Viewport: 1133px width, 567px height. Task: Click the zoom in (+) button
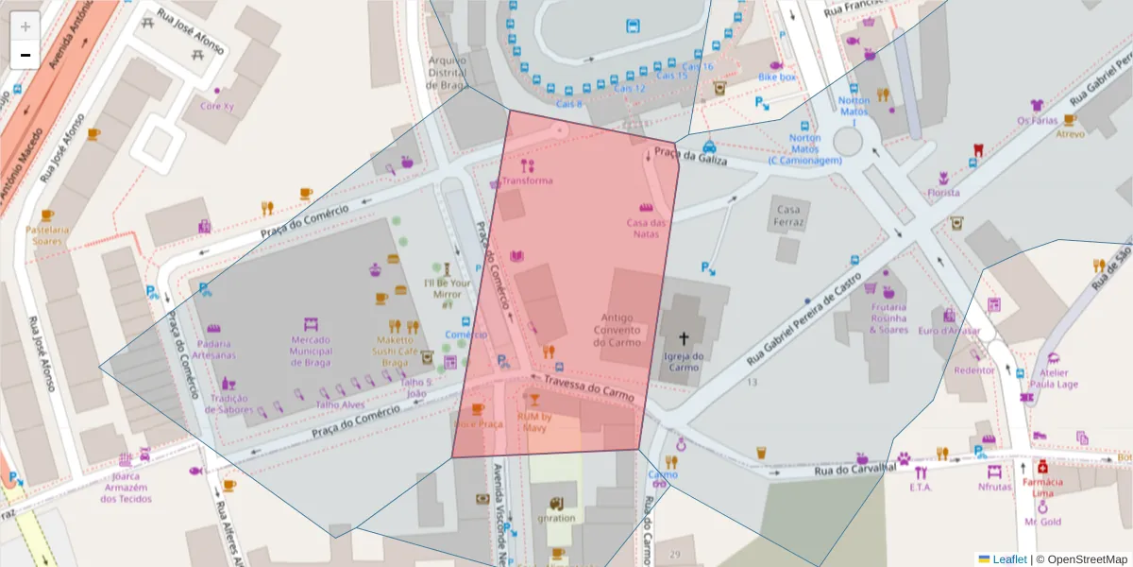(25, 26)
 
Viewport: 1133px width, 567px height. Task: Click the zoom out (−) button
(25, 55)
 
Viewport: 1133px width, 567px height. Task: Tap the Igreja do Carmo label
(685, 362)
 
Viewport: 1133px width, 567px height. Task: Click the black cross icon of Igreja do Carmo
(684, 337)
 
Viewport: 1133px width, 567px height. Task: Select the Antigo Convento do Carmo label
(617, 330)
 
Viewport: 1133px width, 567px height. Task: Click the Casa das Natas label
(647, 228)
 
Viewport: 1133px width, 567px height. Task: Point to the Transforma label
(527, 180)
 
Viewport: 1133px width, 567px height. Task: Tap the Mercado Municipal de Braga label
(311, 352)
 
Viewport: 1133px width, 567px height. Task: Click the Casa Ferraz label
(788, 216)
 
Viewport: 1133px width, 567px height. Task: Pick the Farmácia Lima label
(1042, 488)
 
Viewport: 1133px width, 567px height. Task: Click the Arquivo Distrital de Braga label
(448, 71)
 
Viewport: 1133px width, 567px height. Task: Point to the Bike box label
(777, 77)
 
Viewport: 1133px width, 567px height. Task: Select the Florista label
(942, 193)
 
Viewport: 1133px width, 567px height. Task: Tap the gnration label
(556, 518)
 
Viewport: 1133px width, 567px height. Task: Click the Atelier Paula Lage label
(1054, 378)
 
